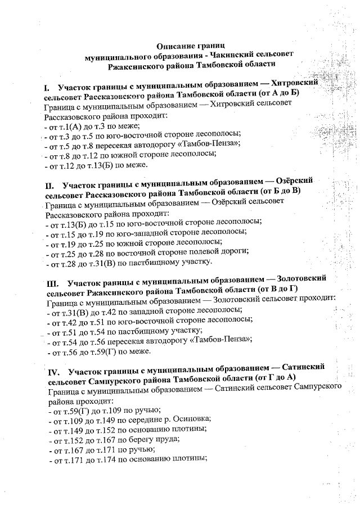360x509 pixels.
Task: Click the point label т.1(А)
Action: (70, 127)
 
